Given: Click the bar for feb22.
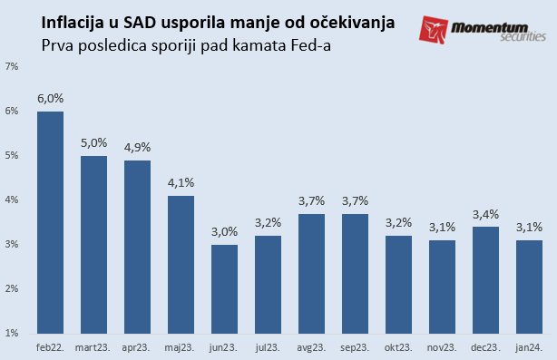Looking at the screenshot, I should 50,222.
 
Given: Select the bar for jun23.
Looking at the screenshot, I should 225,288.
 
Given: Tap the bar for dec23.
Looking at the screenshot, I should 486,279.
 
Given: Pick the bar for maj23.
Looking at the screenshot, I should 181,264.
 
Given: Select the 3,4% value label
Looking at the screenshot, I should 486,216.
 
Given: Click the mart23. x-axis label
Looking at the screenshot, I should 93,348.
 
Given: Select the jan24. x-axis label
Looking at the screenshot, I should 530,348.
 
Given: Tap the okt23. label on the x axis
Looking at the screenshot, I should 399,348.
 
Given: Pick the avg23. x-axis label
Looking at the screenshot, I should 312,348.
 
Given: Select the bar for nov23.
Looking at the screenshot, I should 443,287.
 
